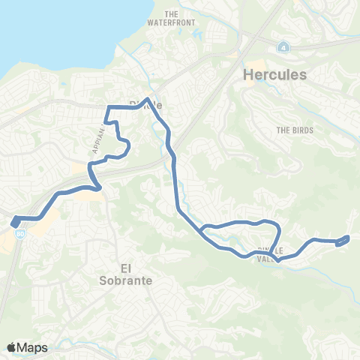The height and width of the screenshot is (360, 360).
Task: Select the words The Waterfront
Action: pos(179,18)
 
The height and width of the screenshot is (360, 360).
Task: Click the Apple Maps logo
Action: pos(27,347)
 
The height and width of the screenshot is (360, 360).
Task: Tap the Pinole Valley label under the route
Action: pos(268,254)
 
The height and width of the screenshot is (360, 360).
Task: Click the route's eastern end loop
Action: pos(344,240)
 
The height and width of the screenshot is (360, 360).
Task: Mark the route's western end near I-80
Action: pos(15,221)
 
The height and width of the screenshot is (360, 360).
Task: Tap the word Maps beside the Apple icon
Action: pos(33,347)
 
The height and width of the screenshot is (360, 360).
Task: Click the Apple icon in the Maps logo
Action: pos(11,346)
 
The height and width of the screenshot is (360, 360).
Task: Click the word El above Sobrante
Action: pos(125,266)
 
